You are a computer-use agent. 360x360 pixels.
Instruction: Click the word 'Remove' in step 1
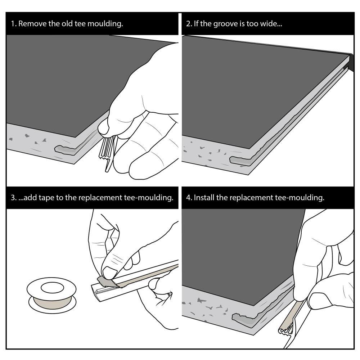pos(33,24)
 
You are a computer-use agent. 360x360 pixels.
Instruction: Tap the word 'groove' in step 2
pos(222,24)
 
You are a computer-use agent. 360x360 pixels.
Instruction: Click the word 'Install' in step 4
pos(204,198)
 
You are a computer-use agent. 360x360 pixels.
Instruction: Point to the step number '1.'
pos(14,24)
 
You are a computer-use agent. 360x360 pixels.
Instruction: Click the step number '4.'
pos(189,198)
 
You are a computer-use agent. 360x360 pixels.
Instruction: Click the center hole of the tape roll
pos(52,287)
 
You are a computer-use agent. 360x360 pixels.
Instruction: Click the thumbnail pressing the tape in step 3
pos(109,273)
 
